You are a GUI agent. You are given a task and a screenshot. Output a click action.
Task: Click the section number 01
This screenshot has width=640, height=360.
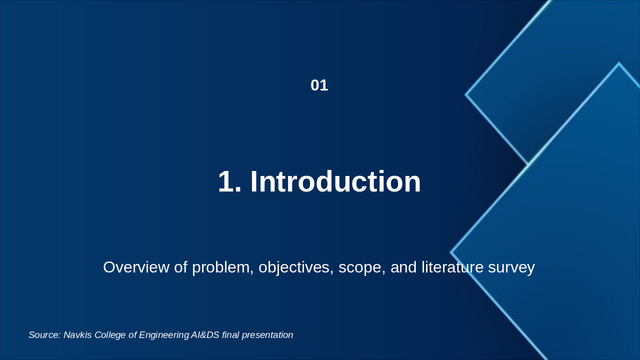click(319, 85)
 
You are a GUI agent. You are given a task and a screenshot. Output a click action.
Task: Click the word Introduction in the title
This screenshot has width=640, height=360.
click(335, 181)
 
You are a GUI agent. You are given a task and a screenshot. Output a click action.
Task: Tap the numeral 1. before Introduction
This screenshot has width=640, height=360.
click(229, 181)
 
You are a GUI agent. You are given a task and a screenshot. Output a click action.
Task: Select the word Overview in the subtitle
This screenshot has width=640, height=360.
click(136, 267)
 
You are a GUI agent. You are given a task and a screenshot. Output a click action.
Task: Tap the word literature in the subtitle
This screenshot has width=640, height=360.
click(452, 267)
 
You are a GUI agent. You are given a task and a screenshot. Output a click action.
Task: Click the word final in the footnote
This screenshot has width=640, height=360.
click(230, 335)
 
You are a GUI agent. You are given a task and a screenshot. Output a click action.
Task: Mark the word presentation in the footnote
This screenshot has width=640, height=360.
click(267, 335)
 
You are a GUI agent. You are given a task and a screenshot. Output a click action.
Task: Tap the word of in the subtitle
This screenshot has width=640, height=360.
click(180, 267)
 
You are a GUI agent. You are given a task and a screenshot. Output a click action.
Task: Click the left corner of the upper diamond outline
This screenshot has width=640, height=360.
click(465, 94)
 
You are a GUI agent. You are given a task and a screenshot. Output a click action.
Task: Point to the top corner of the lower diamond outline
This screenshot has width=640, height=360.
click(619, 63)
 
